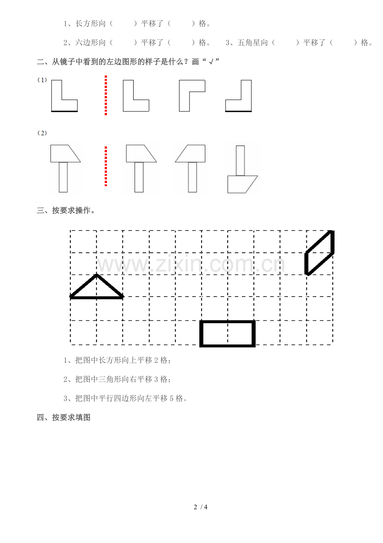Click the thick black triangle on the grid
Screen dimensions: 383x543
[97, 297]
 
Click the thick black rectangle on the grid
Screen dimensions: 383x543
[227, 322]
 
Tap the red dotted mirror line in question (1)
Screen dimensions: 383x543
[106, 95]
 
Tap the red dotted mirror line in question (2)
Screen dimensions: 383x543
[106, 166]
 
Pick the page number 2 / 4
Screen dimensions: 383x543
[200, 507]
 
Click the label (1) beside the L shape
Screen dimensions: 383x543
[42, 80]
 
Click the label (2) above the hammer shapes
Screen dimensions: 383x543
[42, 133]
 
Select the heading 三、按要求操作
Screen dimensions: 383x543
[65, 210]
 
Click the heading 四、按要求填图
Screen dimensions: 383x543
[64, 417]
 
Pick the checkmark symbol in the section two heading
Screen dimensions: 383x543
[211, 62]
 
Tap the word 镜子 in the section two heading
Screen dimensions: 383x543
[67, 62]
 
